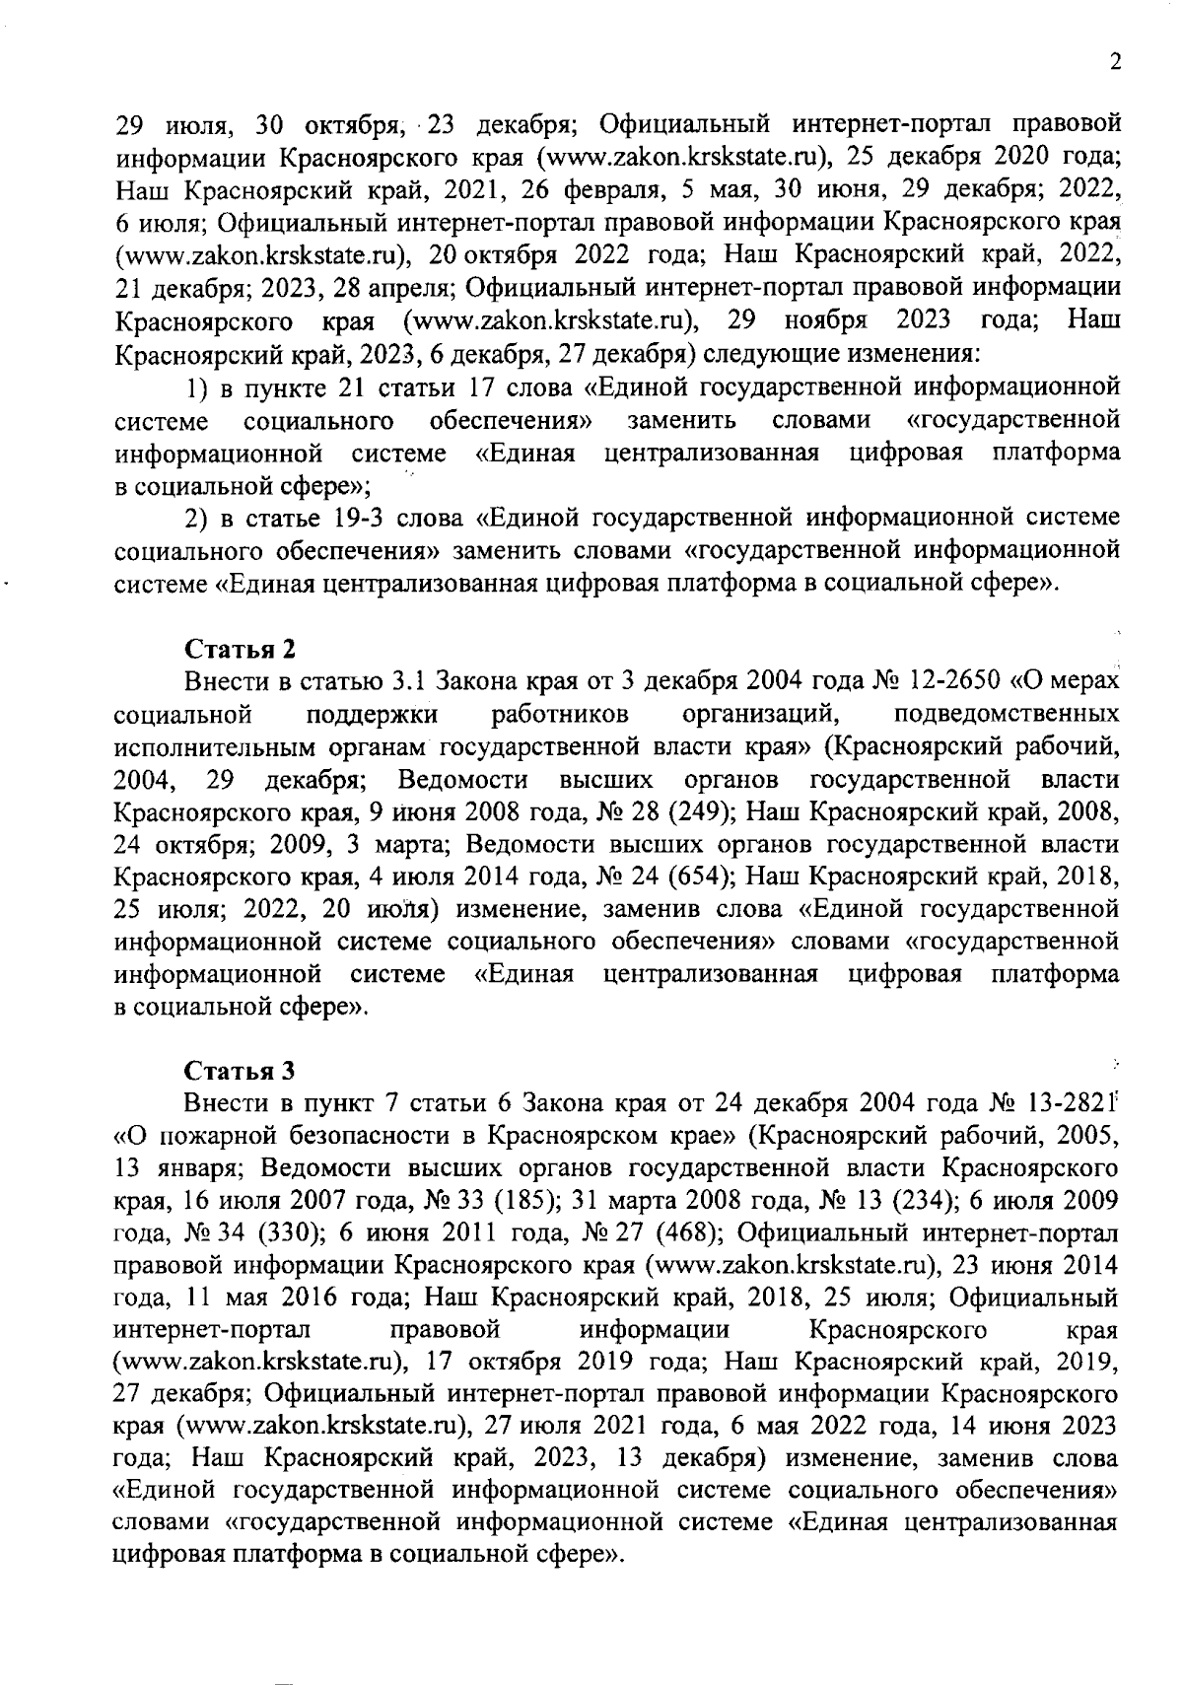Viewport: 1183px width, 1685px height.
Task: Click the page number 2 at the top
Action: click(1115, 62)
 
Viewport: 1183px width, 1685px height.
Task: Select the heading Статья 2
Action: click(241, 650)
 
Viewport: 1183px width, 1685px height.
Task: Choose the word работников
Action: click(560, 714)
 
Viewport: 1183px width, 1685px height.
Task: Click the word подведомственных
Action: click(1006, 714)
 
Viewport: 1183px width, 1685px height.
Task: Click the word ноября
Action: click(825, 320)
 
